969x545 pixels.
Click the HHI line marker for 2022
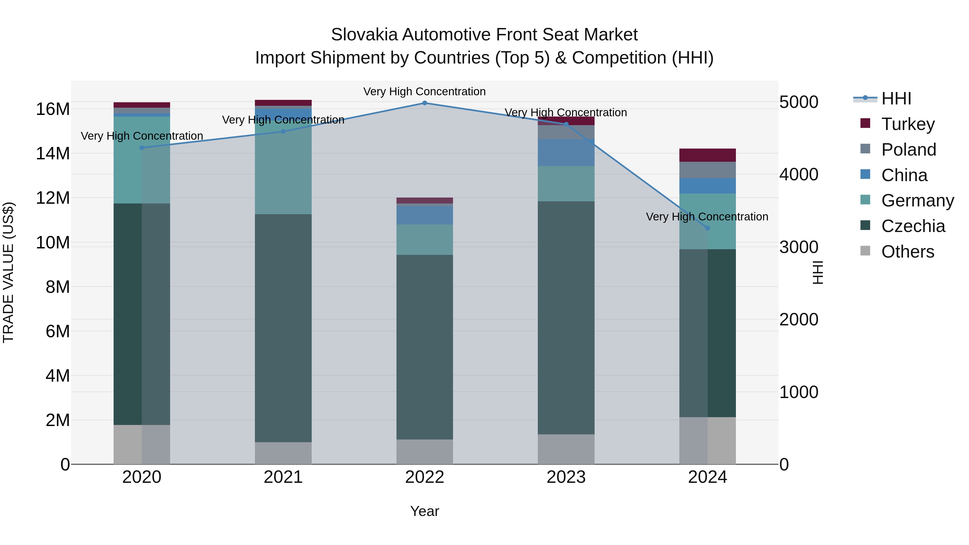(425, 103)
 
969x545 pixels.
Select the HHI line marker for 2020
(142, 148)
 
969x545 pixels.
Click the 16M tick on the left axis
(53, 109)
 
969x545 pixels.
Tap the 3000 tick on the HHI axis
(799, 247)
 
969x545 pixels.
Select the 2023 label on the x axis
(566, 477)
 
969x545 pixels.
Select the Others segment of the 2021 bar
(283, 453)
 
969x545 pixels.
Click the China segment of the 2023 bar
(566, 153)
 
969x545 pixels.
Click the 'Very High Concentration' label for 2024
(707, 217)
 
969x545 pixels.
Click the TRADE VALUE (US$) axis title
(8, 272)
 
